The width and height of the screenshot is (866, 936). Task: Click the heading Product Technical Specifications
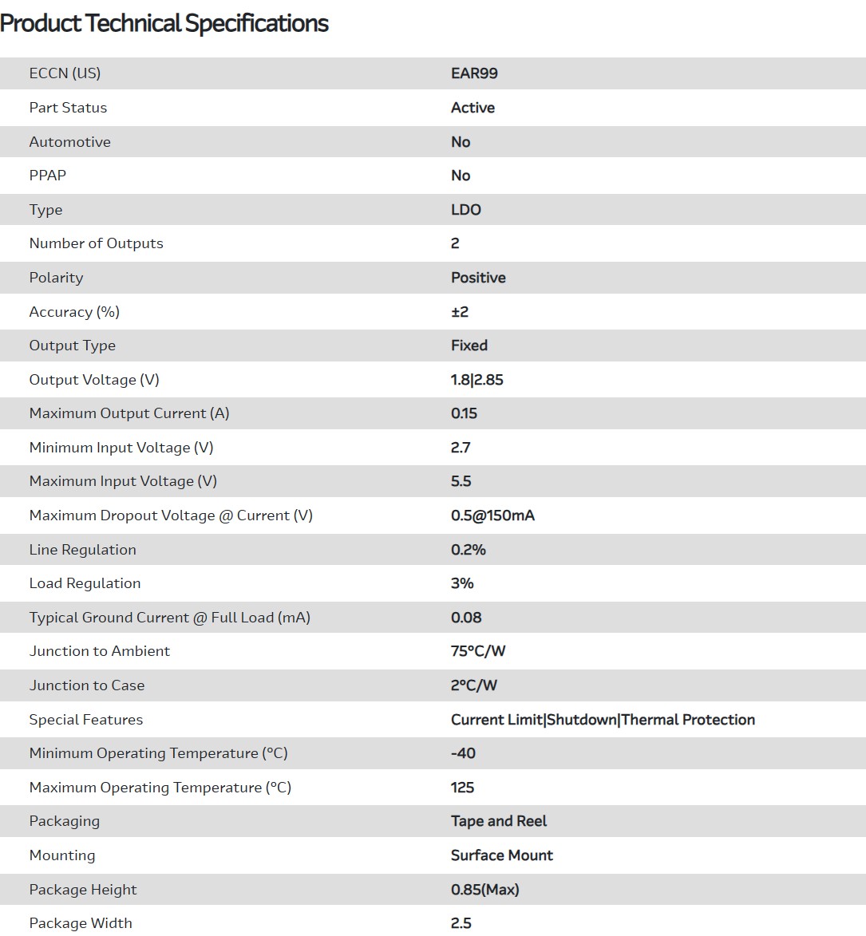pyautogui.click(x=164, y=23)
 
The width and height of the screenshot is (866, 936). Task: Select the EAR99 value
pyautogui.click(x=474, y=73)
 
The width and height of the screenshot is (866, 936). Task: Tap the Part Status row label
pyautogui.click(x=68, y=108)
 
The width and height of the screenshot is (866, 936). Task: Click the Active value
pyautogui.click(x=473, y=108)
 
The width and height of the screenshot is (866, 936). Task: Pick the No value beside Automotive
pyautogui.click(x=461, y=142)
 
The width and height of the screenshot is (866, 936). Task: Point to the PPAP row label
pyautogui.click(x=48, y=176)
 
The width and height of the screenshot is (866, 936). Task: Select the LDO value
pyautogui.click(x=466, y=210)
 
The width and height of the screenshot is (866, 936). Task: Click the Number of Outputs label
pyautogui.click(x=96, y=243)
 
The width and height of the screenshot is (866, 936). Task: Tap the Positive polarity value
pyautogui.click(x=478, y=278)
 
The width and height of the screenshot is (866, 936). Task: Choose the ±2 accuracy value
pyautogui.click(x=460, y=312)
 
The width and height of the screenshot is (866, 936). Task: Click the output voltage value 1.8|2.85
pyautogui.click(x=477, y=380)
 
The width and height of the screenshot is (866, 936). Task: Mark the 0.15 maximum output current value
pyautogui.click(x=464, y=413)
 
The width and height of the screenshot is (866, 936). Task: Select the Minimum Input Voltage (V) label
pyautogui.click(x=121, y=448)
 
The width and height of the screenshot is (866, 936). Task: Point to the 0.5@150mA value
pyautogui.click(x=492, y=515)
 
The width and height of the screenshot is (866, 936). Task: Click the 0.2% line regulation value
pyautogui.click(x=469, y=550)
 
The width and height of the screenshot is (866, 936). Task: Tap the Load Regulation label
pyautogui.click(x=85, y=583)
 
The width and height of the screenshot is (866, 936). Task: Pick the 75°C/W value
pyautogui.click(x=478, y=651)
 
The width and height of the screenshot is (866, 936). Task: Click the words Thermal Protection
pyautogui.click(x=688, y=720)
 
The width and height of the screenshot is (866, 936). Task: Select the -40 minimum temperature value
pyautogui.click(x=463, y=753)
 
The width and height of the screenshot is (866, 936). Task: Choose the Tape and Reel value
pyautogui.click(x=499, y=821)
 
